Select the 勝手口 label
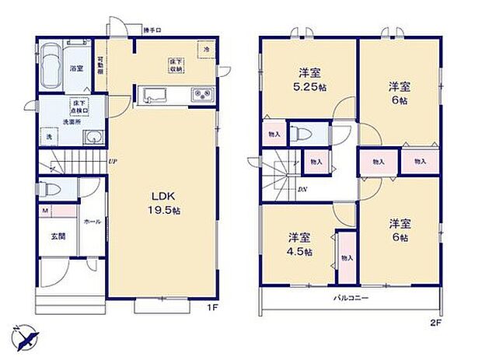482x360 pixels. pyautogui.click(x=152, y=30)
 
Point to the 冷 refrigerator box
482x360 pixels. pyautogui.click(x=206, y=49)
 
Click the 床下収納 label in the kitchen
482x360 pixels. pyautogui.click(x=176, y=65)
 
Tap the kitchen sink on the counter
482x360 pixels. pyautogui.click(x=153, y=97)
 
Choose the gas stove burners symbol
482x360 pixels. pyautogui.click(x=201, y=96)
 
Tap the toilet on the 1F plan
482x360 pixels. pyautogui.click(x=50, y=189)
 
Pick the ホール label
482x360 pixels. pyautogui.click(x=92, y=221)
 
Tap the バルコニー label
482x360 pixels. pyautogui.click(x=351, y=298)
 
